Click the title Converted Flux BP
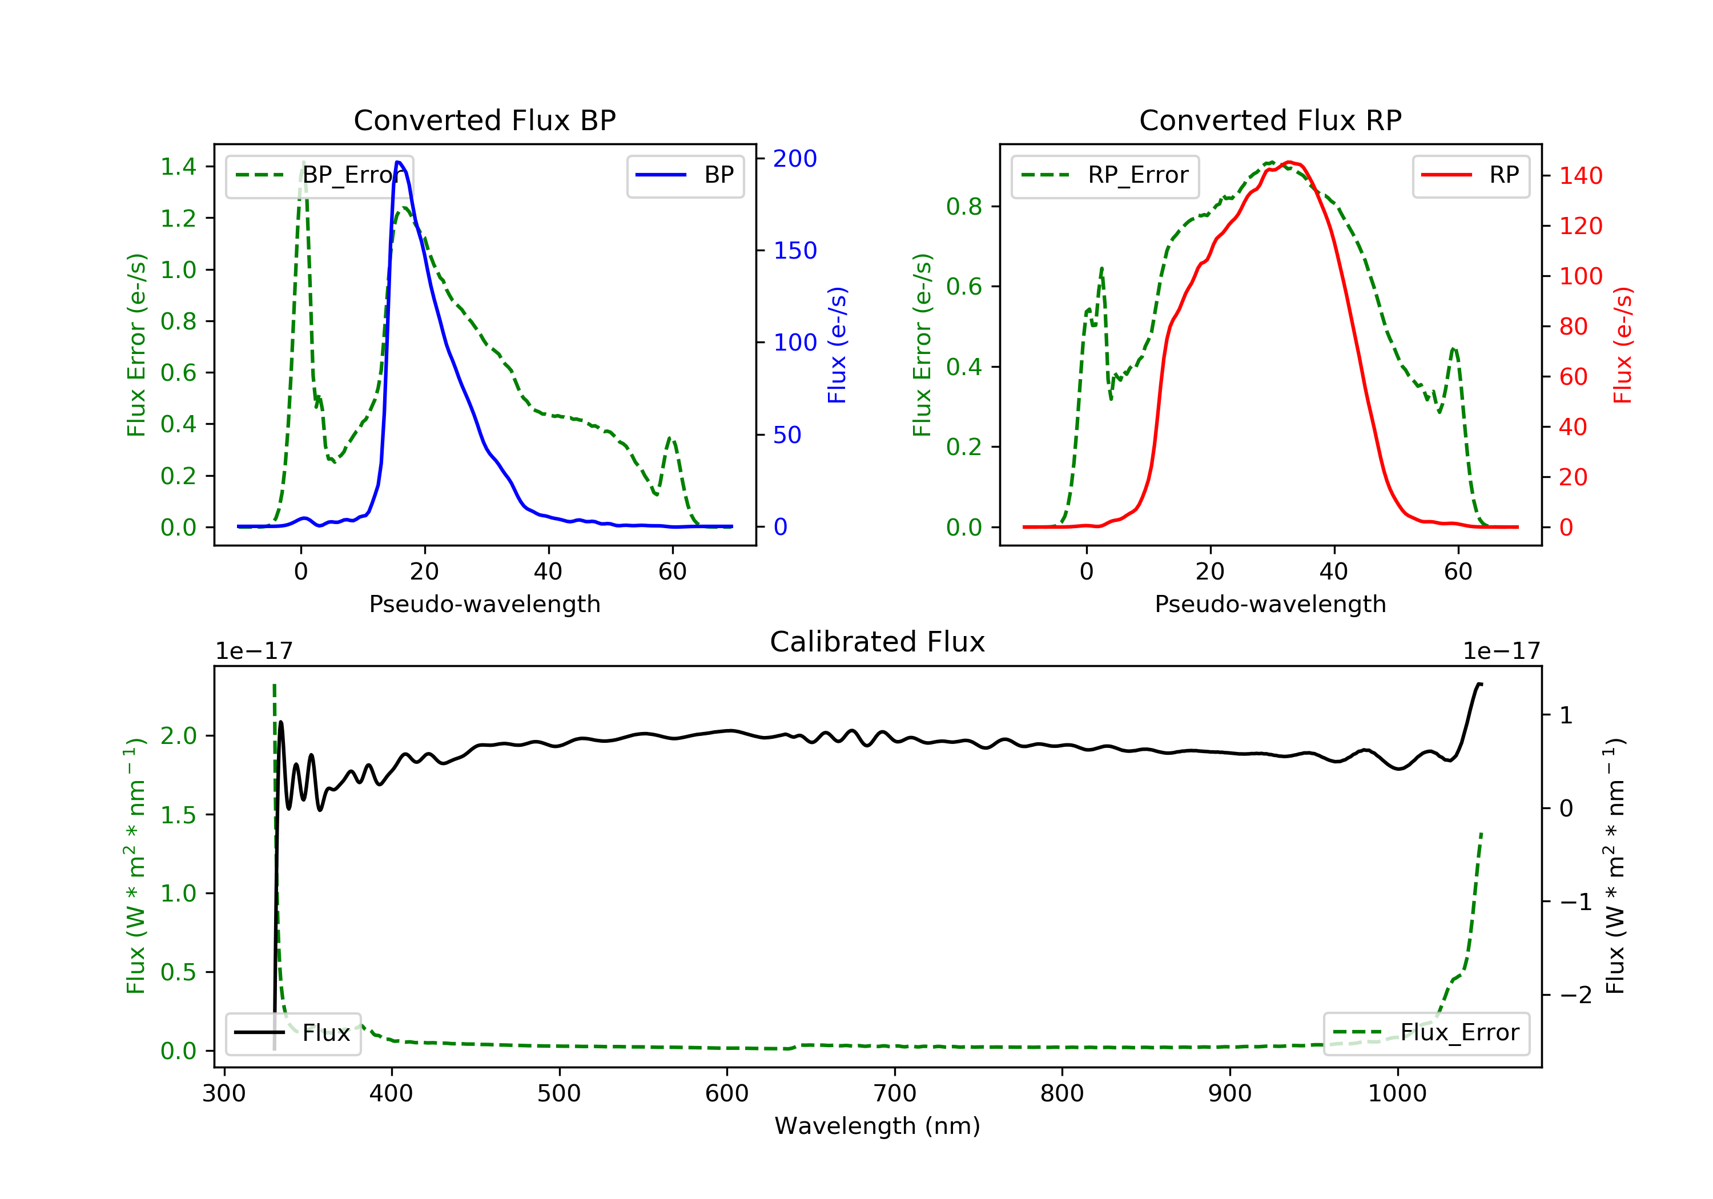tap(485, 120)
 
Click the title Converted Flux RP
tap(1270, 120)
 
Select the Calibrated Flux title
tap(878, 642)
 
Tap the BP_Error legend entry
tap(319, 175)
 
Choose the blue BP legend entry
tap(685, 175)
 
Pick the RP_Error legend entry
tap(1105, 175)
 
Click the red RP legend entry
tap(1470, 175)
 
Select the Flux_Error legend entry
tap(1426, 1033)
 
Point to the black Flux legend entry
tap(292, 1033)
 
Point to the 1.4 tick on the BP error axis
tap(179, 166)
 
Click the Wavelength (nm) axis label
tap(878, 1126)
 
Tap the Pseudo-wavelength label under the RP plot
tap(1270, 603)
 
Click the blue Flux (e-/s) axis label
tap(837, 345)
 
